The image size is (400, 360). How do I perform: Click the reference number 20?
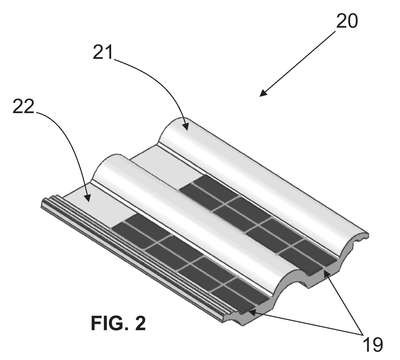coord(347,21)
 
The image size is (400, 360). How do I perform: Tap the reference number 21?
coord(103,52)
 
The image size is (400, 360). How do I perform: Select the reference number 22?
coord(24,107)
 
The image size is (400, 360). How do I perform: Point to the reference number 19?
coord(372,344)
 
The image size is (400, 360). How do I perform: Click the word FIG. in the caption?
coord(107,323)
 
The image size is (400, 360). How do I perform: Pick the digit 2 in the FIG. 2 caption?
coord(140,323)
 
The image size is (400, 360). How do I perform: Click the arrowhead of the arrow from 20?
coord(264,93)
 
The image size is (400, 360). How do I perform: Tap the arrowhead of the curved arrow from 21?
coord(185,125)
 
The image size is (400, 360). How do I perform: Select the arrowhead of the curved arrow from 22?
coord(87,196)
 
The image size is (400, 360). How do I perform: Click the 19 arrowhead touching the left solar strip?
coord(253,312)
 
